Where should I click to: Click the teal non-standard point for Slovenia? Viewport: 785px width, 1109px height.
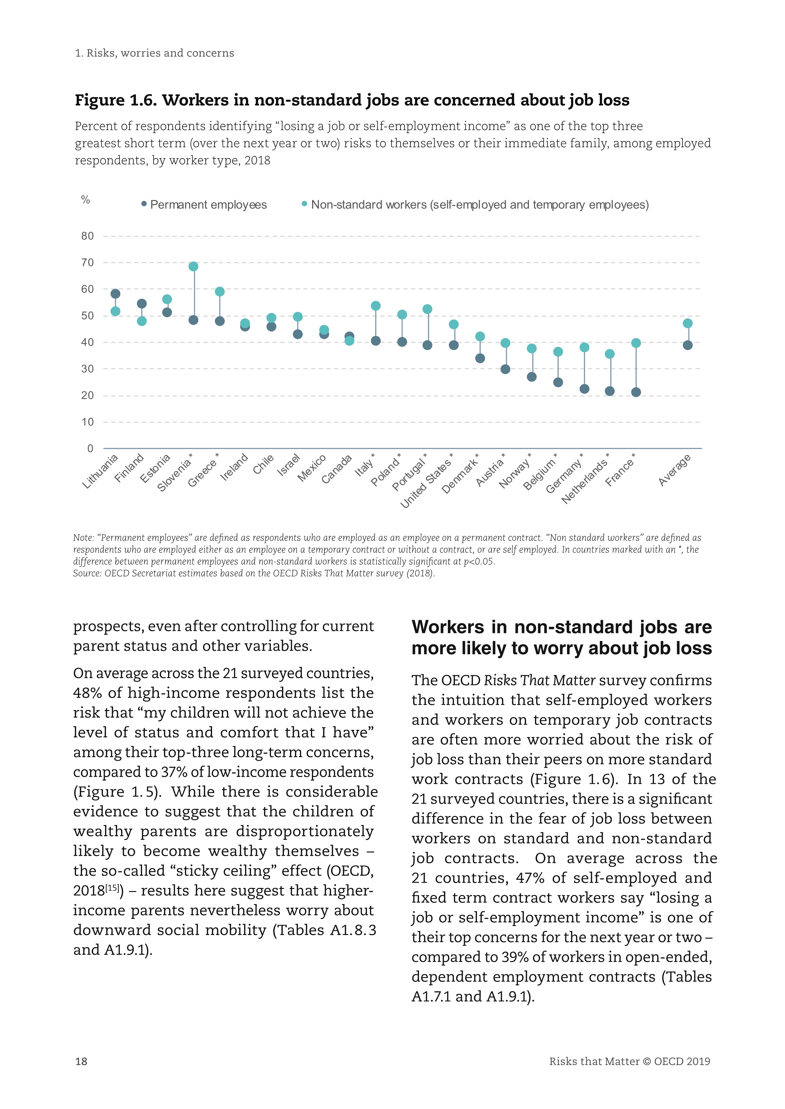(193, 267)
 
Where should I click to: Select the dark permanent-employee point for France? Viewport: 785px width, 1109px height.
(636, 392)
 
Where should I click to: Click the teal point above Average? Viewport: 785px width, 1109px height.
(688, 323)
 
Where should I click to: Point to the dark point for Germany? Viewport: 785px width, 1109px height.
(584, 389)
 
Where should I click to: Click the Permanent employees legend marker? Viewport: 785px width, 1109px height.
(144, 204)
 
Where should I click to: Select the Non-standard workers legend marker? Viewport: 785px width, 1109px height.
(304, 204)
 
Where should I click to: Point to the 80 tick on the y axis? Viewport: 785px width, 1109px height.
(87, 236)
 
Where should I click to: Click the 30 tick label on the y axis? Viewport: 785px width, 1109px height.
(87, 369)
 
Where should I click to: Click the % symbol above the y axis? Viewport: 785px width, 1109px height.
(85, 200)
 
